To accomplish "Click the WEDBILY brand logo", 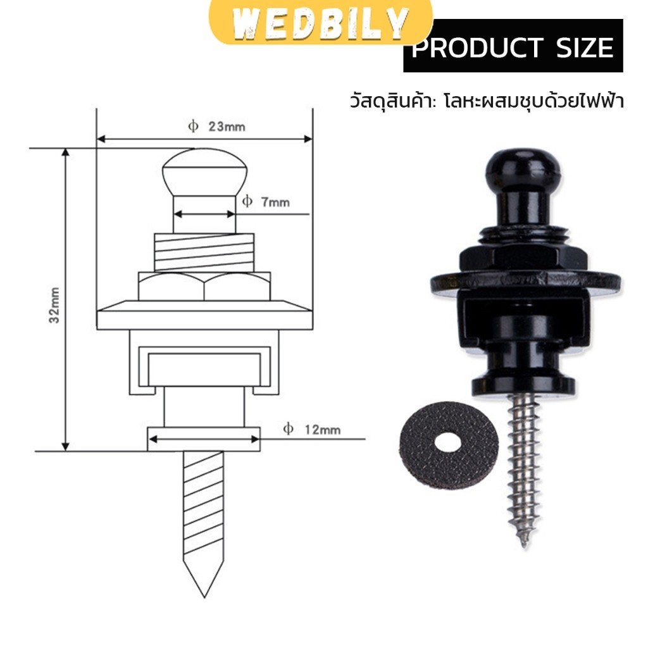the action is pyautogui.click(x=321, y=23).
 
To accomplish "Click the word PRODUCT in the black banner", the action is pyautogui.click(x=477, y=47).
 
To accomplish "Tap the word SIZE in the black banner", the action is pyautogui.click(x=585, y=47).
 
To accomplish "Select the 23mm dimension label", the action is pyautogui.click(x=227, y=127).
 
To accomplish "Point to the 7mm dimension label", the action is pyautogui.click(x=275, y=202).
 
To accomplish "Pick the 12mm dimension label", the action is pyautogui.click(x=322, y=430).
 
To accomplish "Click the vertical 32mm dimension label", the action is pyautogui.click(x=54, y=305).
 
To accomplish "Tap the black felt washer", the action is pyautogui.click(x=449, y=445).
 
